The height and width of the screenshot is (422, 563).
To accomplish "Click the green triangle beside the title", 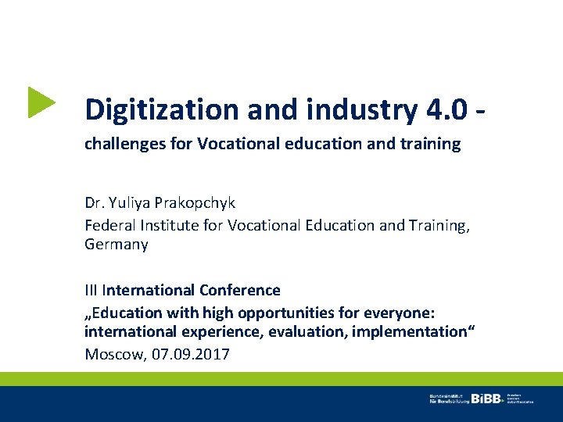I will pos(41,102).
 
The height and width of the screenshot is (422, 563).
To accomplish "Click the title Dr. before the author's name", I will pos(94,203).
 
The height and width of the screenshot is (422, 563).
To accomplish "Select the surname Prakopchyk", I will pos(195,203).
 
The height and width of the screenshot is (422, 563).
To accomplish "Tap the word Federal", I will pos(109,224).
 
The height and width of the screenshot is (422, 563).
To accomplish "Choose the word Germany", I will pos(117,245).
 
